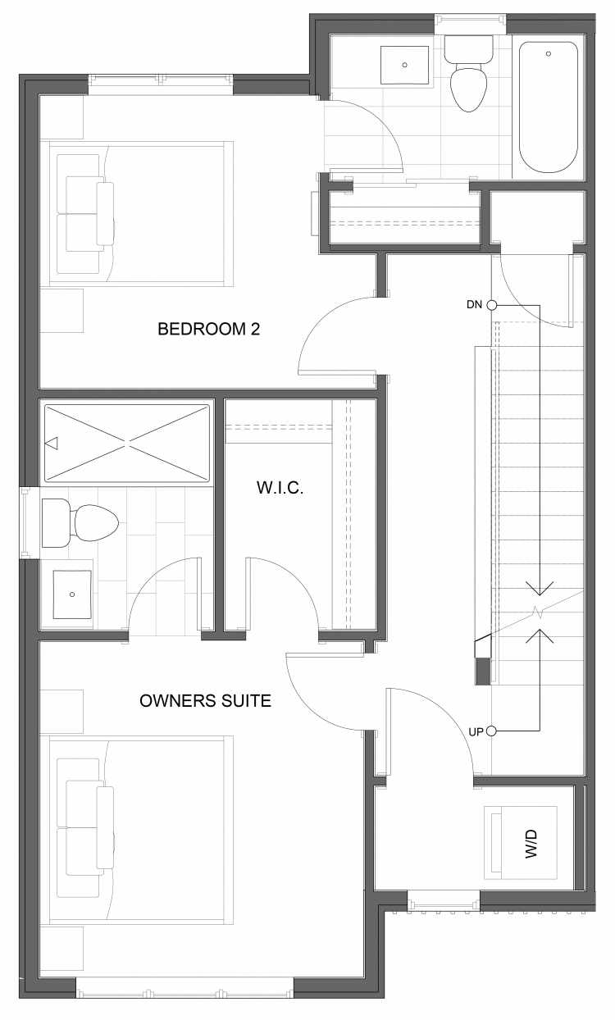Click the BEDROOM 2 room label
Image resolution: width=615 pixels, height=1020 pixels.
208,329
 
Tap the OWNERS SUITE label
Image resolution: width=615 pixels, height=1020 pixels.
205,701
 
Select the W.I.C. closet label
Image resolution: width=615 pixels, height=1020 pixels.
280,488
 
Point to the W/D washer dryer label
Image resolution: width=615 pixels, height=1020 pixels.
531,844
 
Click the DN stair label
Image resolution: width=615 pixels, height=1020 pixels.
474,305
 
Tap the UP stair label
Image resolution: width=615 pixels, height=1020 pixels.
476,732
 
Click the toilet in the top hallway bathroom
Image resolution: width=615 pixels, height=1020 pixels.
468,74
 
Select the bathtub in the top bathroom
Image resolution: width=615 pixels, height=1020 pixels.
549,107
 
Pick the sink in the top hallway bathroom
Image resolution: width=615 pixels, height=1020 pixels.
404,65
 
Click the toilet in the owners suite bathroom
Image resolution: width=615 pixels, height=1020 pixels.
80,523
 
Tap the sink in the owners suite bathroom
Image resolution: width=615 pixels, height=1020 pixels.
72,594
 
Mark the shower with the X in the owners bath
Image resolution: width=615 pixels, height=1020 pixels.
127,443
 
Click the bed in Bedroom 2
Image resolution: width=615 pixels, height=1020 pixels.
137,214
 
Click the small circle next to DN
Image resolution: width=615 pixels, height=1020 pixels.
492,305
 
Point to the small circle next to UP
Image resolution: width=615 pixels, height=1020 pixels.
491,731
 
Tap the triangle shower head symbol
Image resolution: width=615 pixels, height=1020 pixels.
52,443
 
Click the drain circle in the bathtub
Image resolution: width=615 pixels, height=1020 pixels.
549,54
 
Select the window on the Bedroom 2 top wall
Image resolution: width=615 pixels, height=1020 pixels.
161,80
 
